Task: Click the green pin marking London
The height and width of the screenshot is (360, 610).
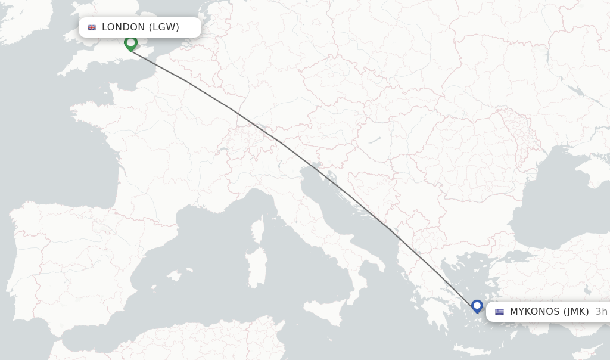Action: [x=130, y=43]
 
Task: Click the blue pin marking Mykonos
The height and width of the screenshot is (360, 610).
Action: [x=477, y=306]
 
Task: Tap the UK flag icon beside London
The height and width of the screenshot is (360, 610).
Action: [x=92, y=27]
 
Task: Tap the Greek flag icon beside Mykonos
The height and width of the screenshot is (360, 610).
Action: [x=499, y=312]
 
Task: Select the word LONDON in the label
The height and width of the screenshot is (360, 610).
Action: [x=123, y=27]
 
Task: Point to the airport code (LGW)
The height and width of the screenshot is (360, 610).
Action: [x=164, y=27]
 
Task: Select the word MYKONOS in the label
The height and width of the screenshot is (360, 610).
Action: [x=534, y=312]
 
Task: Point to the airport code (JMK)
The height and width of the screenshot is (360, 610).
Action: [x=575, y=312]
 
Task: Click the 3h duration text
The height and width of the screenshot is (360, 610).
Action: [x=601, y=312]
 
